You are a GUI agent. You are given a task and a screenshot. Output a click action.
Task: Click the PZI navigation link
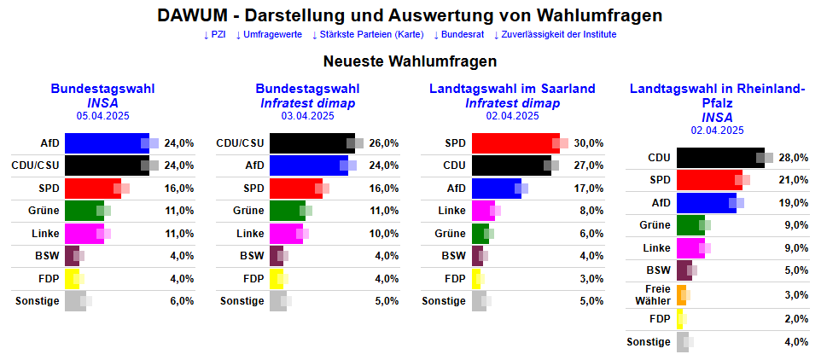214,34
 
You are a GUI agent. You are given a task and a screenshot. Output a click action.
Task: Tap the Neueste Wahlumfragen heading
410,61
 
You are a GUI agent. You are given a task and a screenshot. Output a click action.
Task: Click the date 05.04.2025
102,116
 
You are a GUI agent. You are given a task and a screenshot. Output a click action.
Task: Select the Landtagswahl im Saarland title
512,89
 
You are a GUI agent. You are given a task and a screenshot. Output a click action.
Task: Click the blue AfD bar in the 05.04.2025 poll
107,143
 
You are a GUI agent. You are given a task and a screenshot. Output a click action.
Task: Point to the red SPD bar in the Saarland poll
515,143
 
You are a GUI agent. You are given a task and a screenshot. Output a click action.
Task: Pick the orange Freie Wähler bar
681,294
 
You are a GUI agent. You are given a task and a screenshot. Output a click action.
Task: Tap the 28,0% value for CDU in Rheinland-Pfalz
794,158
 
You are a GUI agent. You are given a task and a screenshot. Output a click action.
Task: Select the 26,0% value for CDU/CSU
384,143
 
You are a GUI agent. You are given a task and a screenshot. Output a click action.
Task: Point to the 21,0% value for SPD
794,180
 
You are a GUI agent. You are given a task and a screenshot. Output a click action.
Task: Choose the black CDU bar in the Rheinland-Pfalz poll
719,158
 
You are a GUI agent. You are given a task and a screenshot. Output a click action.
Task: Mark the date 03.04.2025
307,116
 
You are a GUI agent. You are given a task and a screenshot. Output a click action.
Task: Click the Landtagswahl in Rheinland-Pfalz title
717,96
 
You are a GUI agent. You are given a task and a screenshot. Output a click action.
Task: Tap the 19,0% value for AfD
794,203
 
